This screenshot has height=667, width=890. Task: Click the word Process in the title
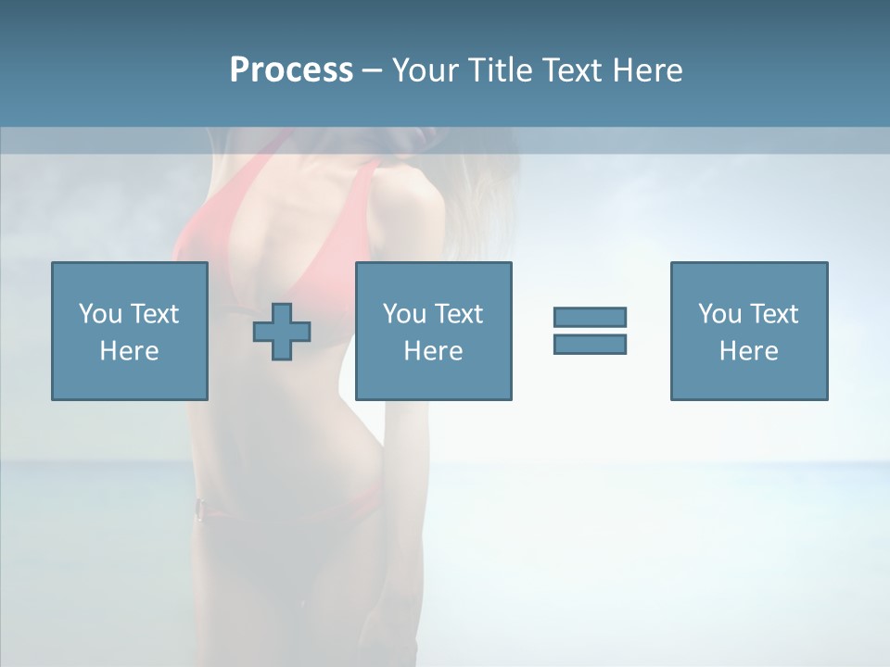[291, 69]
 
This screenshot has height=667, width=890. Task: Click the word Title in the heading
[498, 69]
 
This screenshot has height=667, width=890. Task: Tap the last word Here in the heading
[648, 69]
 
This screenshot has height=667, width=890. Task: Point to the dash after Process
[372, 70]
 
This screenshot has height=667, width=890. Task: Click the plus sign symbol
[282, 331]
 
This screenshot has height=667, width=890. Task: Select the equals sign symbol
[590, 331]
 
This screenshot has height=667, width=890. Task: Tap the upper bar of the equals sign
[590, 317]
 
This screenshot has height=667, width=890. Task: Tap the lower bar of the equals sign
[590, 344]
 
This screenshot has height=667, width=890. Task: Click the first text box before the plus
[129, 331]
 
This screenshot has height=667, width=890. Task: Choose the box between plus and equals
[433, 331]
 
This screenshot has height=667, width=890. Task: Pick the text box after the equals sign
[748, 331]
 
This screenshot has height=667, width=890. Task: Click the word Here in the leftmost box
[129, 351]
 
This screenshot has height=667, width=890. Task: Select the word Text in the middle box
[458, 314]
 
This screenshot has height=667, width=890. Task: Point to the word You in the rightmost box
[719, 314]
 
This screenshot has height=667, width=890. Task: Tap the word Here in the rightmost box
[748, 351]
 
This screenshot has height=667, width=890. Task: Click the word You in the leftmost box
[100, 314]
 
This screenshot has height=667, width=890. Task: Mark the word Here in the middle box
[433, 351]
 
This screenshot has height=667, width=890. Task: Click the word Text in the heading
[568, 69]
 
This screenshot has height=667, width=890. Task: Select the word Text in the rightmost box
[773, 314]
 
